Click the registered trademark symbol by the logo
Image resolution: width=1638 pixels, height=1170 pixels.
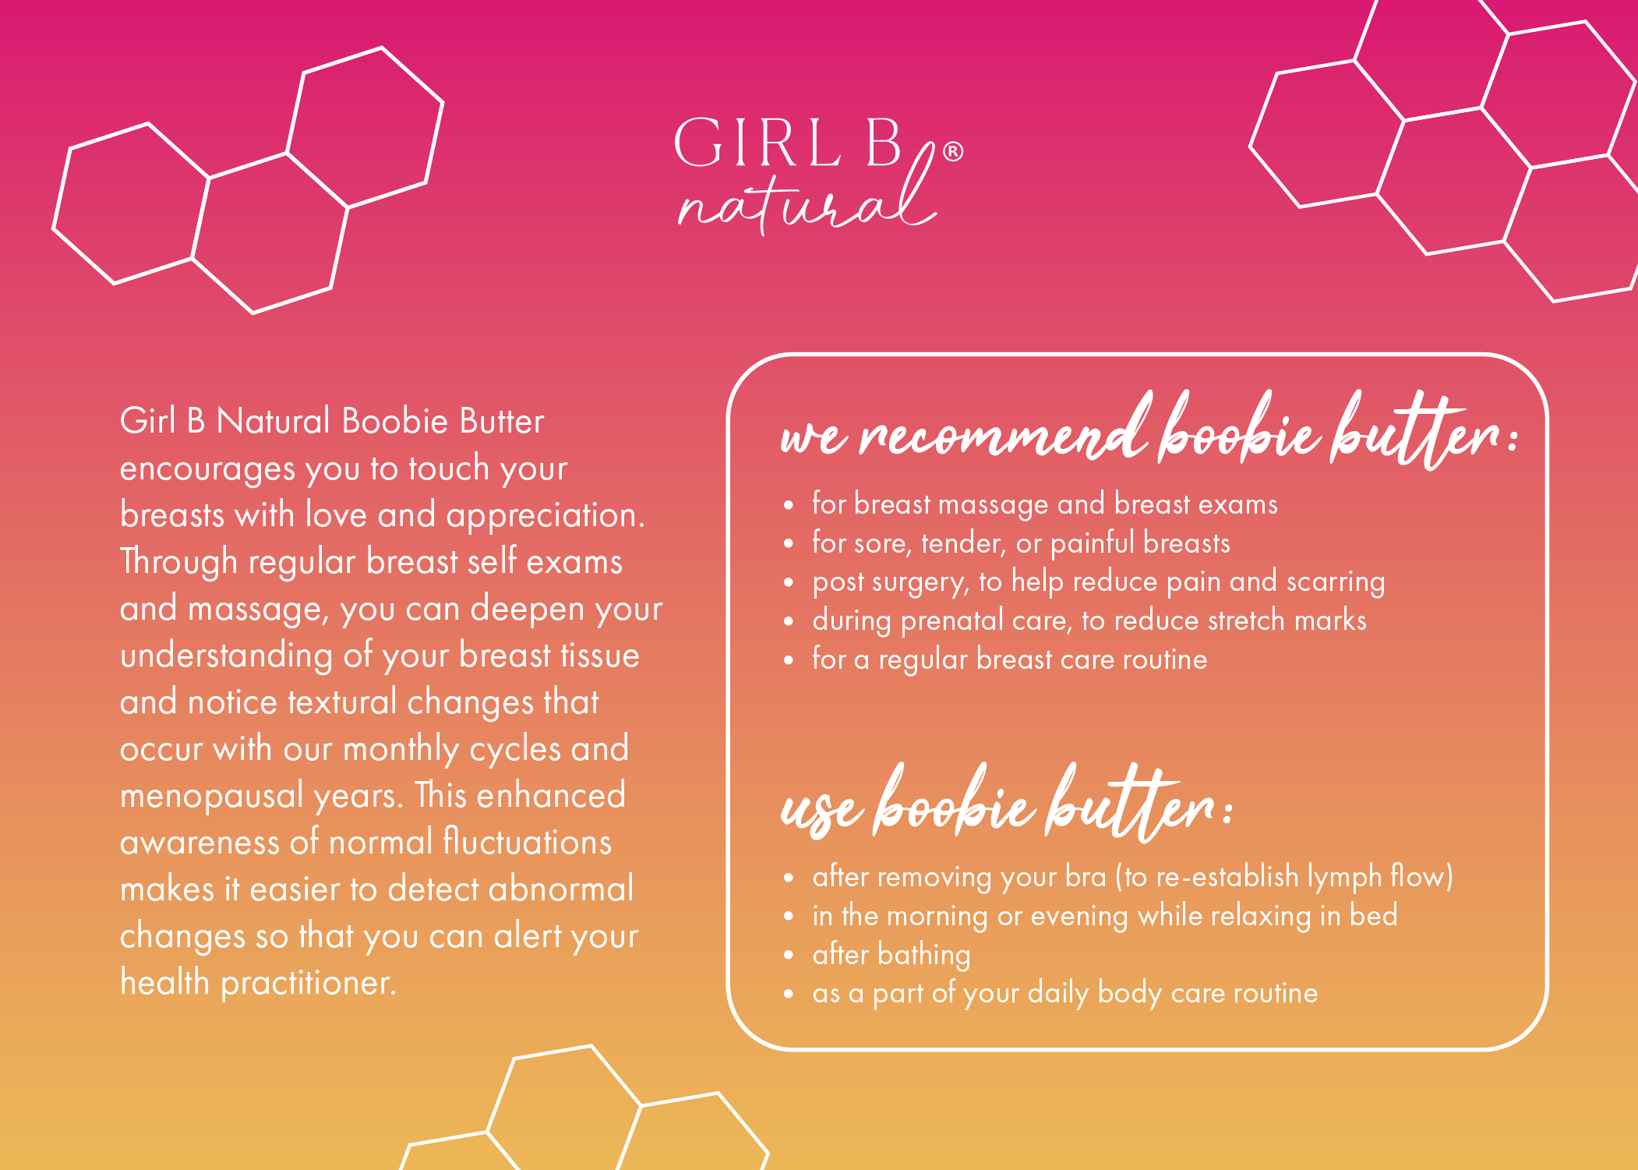point(952,151)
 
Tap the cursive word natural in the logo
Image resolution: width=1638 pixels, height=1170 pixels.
point(807,191)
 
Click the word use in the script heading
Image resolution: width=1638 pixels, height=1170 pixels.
point(822,811)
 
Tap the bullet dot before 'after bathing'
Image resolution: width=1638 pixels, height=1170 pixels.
point(789,956)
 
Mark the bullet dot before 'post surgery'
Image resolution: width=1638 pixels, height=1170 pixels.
point(789,582)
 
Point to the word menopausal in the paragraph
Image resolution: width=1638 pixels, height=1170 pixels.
point(212,797)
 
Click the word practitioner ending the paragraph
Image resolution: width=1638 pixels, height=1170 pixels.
point(309,983)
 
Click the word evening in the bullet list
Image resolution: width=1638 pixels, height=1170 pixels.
point(1079,917)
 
